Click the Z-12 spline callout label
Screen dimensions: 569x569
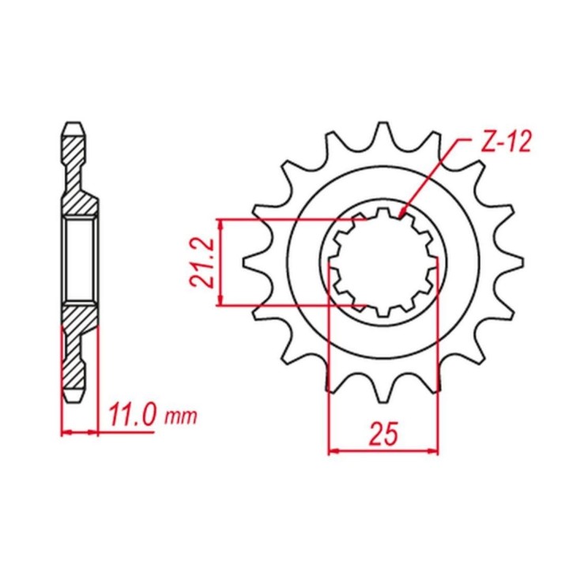coord(507,141)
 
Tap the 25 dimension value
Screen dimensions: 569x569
coord(383,434)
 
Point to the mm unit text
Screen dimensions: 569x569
coord(181,417)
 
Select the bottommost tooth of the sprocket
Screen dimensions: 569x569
coord(383,391)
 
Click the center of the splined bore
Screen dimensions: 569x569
coord(383,262)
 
